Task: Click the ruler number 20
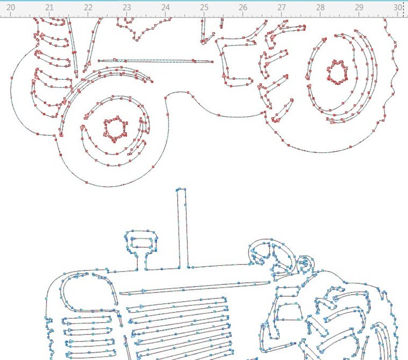pos(10,8)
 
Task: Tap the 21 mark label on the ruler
pos(49,8)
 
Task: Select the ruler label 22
pos(88,8)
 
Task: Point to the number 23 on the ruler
pos(126,8)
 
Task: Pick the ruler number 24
pos(165,8)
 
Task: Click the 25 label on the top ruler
pos(204,8)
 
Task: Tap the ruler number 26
pos(243,8)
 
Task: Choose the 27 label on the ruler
pos(281,8)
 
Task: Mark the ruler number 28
pos(320,8)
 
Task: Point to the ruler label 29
pos(359,8)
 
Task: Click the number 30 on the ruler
pos(398,8)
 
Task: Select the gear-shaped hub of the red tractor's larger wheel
pos(337,73)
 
